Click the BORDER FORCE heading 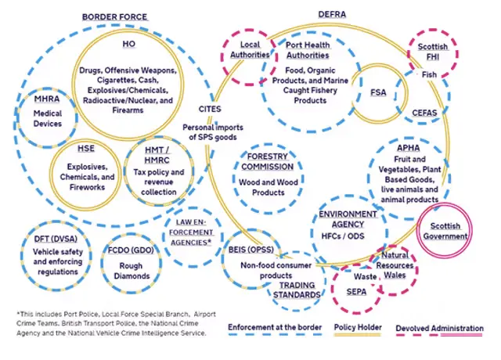(x=115, y=16)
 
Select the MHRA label (x=48, y=99)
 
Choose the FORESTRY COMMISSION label (x=268, y=161)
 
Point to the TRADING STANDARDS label (x=297, y=290)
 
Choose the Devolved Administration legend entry (x=438, y=328)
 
